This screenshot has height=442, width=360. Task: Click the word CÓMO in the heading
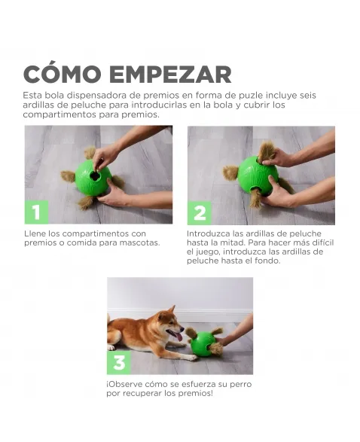[x=62, y=74]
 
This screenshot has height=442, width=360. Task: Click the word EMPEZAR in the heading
[x=170, y=75]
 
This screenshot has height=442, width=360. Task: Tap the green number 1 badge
[x=36, y=212]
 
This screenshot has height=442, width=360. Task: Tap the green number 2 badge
[x=200, y=213]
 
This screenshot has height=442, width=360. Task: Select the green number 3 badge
[x=119, y=362]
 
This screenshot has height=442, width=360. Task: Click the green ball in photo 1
[x=93, y=178]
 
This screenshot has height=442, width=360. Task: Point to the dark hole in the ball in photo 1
[x=94, y=176]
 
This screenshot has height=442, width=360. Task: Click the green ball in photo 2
[x=257, y=176]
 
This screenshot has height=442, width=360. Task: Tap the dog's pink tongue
[x=178, y=337]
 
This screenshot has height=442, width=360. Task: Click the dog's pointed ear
[x=172, y=310]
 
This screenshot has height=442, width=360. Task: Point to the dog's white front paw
[x=192, y=358]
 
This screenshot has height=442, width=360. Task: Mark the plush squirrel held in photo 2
[x=265, y=153]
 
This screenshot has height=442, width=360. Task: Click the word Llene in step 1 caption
[x=35, y=233]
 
